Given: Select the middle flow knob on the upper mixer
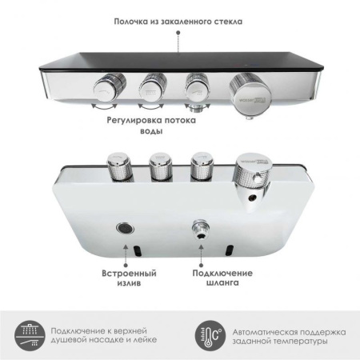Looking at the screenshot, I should coord(152,84).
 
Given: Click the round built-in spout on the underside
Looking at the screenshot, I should coord(125,227).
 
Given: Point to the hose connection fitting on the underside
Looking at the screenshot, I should coord(198,230).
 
